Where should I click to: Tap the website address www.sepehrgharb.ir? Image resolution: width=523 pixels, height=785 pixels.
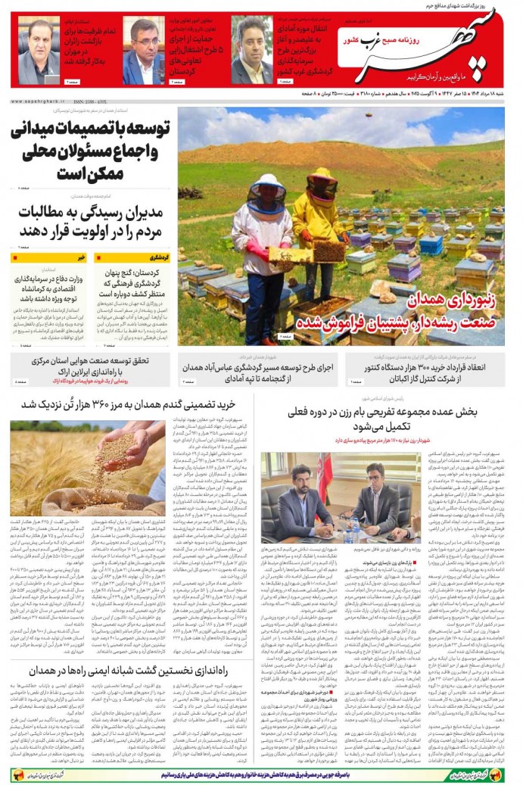tap(39, 101)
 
